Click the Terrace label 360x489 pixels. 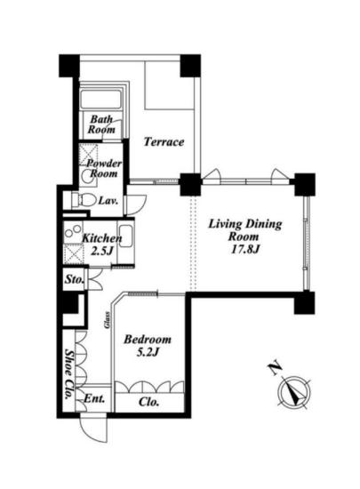[x=164, y=142]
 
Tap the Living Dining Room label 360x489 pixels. [x=244, y=230]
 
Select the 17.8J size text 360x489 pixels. [x=245, y=249]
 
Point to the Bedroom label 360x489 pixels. [x=148, y=339]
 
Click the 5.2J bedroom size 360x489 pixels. [x=148, y=352]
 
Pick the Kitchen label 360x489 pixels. [x=101, y=238]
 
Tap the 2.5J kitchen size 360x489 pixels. [x=101, y=251]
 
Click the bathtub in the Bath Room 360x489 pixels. [x=100, y=100]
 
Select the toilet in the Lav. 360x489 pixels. [x=84, y=199]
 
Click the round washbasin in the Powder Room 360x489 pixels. [x=86, y=177]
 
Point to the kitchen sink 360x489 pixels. [x=126, y=236]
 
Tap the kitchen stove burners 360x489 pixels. [x=72, y=231]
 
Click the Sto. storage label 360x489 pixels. [x=74, y=279]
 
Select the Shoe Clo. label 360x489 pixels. [x=68, y=374]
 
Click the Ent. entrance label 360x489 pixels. [x=94, y=398]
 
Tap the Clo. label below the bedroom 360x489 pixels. [x=148, y=402]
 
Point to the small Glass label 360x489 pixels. [x=108, y=320]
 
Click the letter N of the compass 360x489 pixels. [x=275, y=369]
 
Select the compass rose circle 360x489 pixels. [x=294, y=392]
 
